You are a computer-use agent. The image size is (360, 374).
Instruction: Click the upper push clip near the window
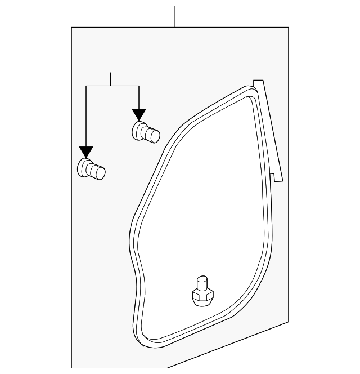coord(145,133)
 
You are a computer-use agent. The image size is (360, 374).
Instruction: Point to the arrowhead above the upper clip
coord(139,114)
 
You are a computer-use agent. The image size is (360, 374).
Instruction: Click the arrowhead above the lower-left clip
coord(85,152)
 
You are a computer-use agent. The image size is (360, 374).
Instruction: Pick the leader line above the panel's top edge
coord(175,16)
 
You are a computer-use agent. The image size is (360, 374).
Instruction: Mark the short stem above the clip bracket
coord(111,79)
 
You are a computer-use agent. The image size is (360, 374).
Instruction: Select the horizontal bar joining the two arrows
coord(112,86)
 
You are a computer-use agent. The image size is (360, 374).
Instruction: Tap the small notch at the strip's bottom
coord(273,176)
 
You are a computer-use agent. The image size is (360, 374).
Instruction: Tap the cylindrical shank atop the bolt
coord(201,281)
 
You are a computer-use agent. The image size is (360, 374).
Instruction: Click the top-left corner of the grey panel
coord(73,28)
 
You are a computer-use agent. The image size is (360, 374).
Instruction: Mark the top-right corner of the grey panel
coord(288,28)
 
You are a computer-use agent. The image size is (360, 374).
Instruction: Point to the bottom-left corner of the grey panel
coord(73,367)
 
